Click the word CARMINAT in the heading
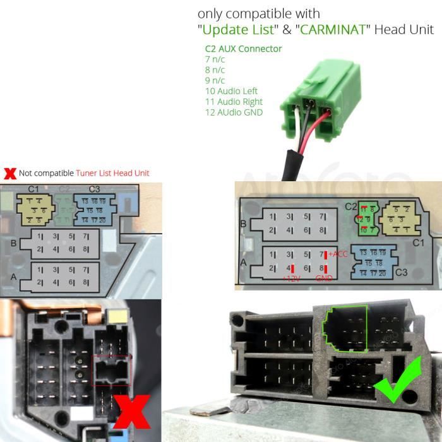[x=334, y=30]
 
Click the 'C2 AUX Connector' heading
[x=243, y=49]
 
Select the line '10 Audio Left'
[x=231, y=91]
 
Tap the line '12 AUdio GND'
[x=234, y=112]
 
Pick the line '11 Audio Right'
[x=234, y=102]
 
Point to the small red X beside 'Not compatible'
[x=9, y=173]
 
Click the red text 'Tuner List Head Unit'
[x=112, y=173]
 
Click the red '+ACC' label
[x=338, y=254]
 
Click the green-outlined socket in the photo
[x=345, y=328]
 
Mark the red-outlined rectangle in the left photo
[x=111, y=370]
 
